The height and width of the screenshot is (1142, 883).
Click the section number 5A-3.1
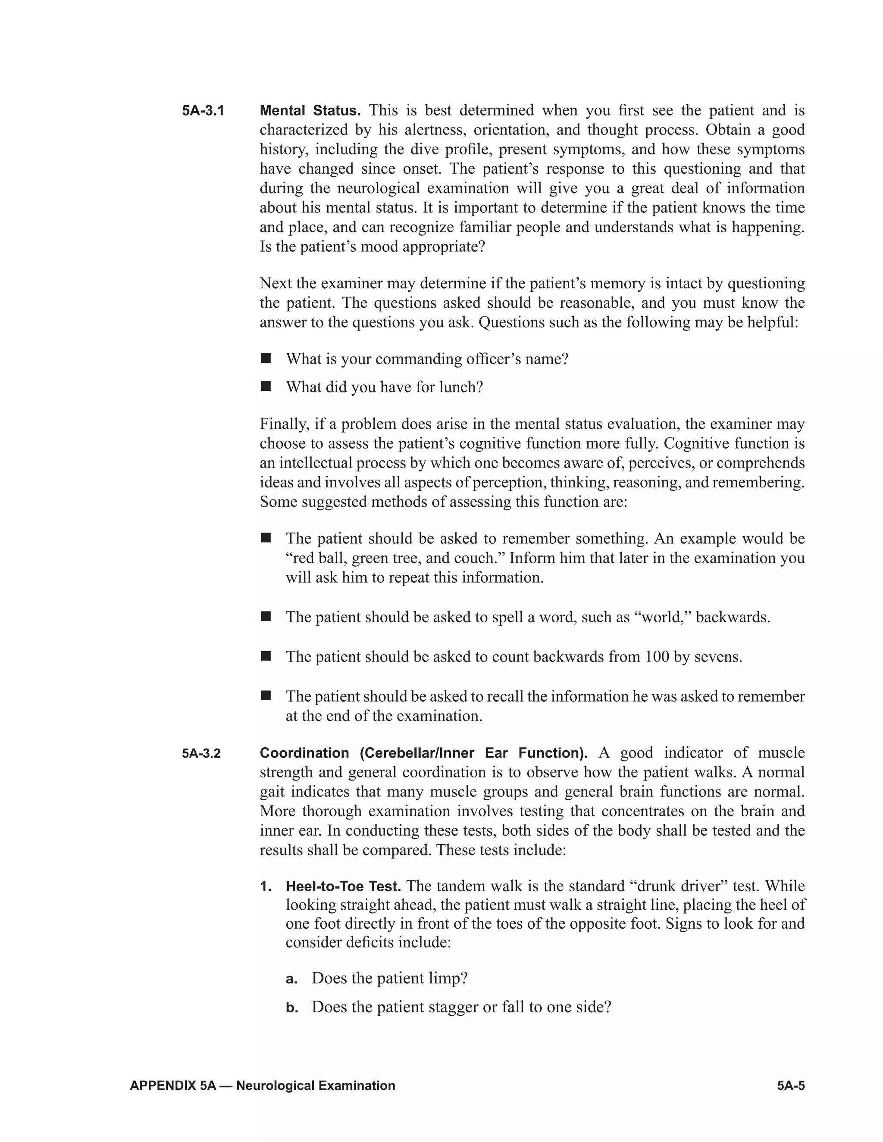(x=203, y=111)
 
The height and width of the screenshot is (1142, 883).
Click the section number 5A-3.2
(x=201, y=753)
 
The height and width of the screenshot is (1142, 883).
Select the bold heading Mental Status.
(x=310, y=111)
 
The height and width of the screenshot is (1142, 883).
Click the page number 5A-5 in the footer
(x=790, y=1086)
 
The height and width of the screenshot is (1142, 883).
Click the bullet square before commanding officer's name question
(x=266, y=358)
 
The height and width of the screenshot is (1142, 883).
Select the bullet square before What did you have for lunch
(x=266, y=387)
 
